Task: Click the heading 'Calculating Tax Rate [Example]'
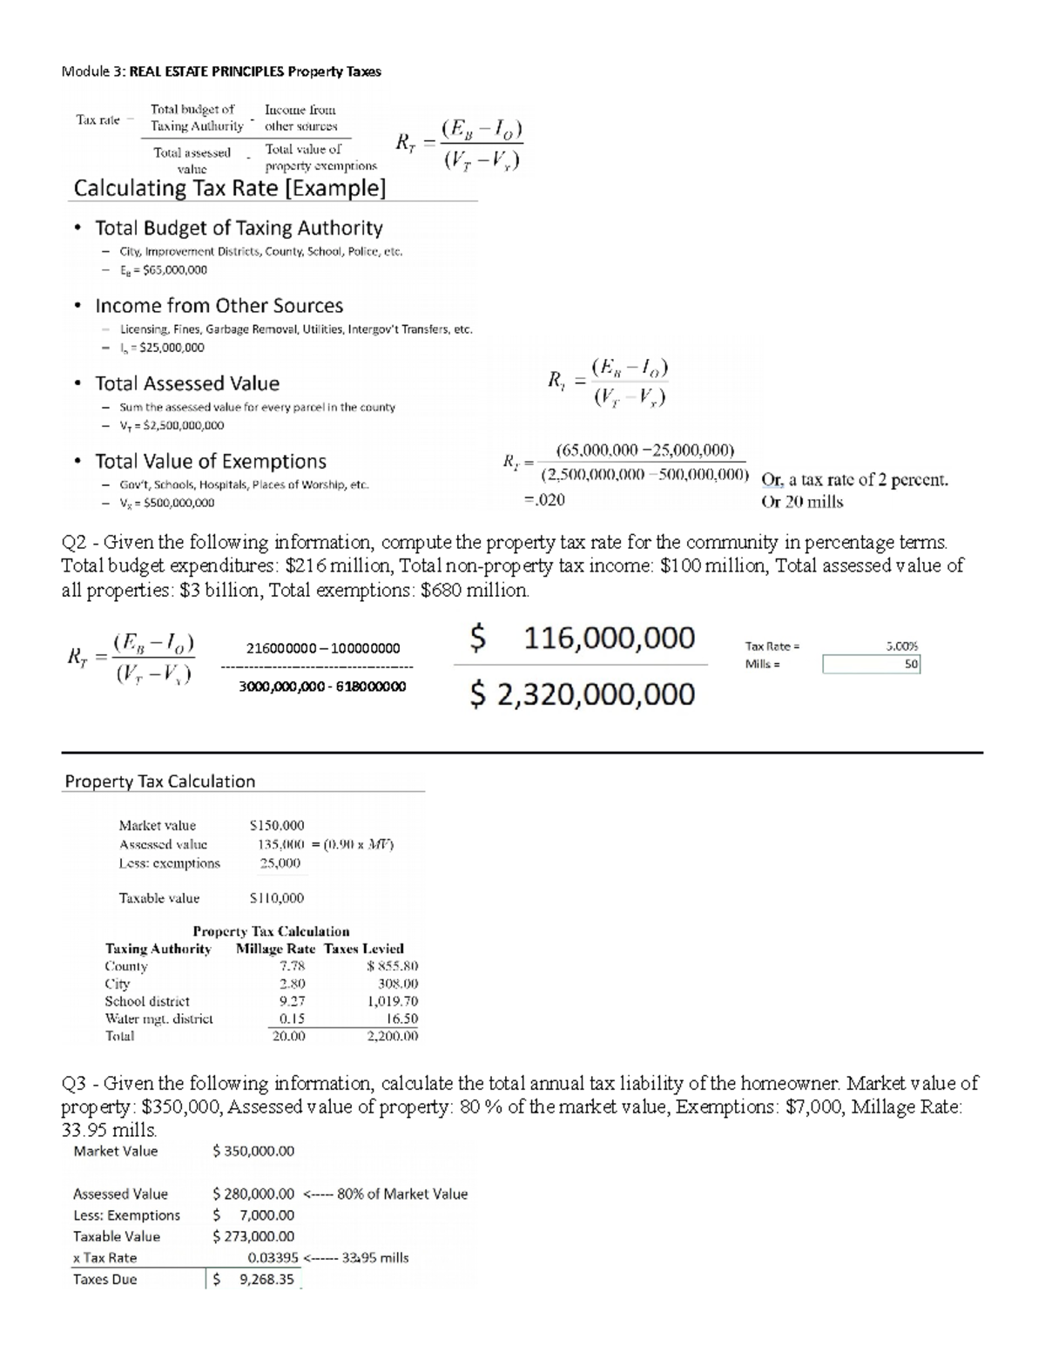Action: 229,188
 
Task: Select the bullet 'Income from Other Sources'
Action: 219,306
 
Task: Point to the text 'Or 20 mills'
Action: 802,502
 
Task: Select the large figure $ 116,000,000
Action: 583,639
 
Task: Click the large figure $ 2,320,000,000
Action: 583,694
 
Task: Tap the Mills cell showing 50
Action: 871,664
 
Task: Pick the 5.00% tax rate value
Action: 901,646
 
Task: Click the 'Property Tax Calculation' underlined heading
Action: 160,781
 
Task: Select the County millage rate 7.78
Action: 292,966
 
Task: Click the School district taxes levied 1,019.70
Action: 393,1001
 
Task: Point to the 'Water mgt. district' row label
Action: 158,1018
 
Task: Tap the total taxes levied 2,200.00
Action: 393,1036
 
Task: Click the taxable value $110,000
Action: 277,898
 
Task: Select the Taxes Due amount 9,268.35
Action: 266,1280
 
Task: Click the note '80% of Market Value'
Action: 401,1194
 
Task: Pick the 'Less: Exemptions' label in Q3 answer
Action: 126,1215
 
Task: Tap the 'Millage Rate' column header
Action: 275,949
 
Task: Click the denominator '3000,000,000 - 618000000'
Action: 322,687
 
